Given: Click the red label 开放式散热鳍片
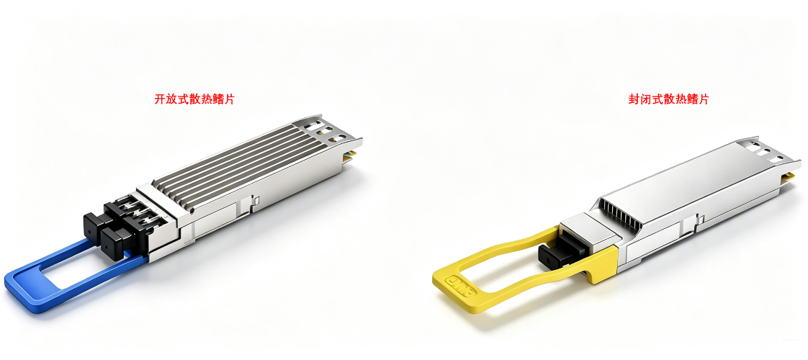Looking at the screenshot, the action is click(194, 99).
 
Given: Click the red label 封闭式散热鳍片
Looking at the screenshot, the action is click(668, 99).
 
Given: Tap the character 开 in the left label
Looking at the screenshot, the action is click(160, 99).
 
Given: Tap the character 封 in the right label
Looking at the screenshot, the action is click(634, 99).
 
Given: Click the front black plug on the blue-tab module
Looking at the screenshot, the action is click(116, 240).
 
